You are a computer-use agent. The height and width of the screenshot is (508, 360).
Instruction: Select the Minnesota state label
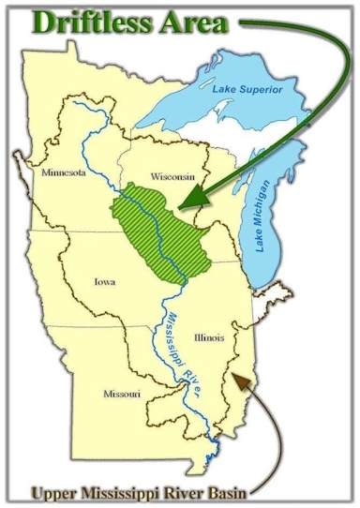(x=64, y=175)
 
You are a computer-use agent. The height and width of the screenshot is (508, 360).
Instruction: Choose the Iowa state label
(x=104, y=280)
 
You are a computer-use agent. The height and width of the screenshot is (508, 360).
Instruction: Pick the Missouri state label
(x=121, y=395)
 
